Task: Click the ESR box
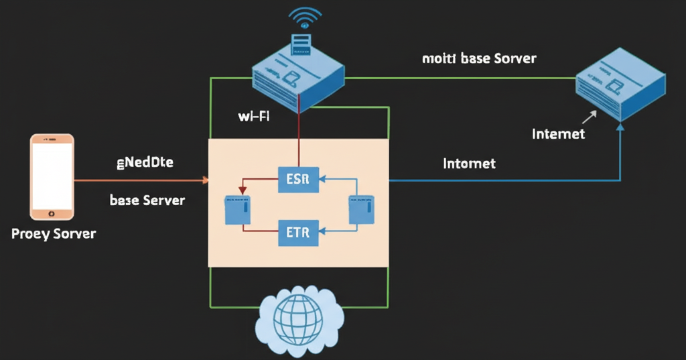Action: (298, 179)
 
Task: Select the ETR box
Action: (298, 233)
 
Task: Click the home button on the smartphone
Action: (52, 213)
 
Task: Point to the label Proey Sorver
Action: (54, 234)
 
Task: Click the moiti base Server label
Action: (479, 58)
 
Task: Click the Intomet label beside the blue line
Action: (469, 164)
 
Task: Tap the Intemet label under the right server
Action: (558, 134)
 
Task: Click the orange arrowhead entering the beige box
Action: (204, 180)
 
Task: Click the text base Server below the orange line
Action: (147, 200)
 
